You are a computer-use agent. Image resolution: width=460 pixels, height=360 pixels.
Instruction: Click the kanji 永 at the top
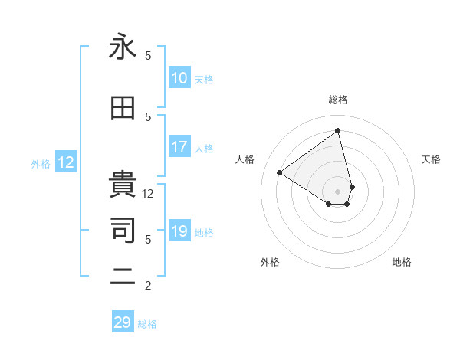123,48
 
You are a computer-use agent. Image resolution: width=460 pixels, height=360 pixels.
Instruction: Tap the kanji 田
123,110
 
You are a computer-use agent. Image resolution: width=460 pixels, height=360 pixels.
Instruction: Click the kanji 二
123,278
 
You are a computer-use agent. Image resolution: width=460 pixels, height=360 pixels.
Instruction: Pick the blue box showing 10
179,78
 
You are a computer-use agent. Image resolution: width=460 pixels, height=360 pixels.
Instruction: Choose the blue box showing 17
179,147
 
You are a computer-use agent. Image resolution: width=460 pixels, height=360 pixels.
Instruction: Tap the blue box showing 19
179,232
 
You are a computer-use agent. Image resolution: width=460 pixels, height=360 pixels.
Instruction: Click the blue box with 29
123,322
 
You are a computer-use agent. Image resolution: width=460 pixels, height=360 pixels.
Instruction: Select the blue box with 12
66,162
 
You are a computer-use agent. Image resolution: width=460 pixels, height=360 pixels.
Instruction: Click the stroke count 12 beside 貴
148,194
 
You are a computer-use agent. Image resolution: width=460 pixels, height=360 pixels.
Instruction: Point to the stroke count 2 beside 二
148,286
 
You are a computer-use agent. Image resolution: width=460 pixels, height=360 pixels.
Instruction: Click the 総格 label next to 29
147,324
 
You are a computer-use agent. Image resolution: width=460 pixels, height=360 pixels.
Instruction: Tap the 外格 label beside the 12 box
41,163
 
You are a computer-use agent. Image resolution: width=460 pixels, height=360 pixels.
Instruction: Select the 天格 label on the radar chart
431,159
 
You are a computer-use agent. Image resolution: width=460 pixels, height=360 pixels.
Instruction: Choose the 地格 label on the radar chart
402,262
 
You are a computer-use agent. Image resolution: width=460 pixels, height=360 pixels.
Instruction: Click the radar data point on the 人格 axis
280,172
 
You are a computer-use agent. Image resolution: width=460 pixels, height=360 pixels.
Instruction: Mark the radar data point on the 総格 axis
337,130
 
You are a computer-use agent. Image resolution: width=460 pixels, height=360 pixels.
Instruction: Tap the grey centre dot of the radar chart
337,191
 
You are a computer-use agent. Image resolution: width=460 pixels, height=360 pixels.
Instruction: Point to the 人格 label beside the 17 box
204,149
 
